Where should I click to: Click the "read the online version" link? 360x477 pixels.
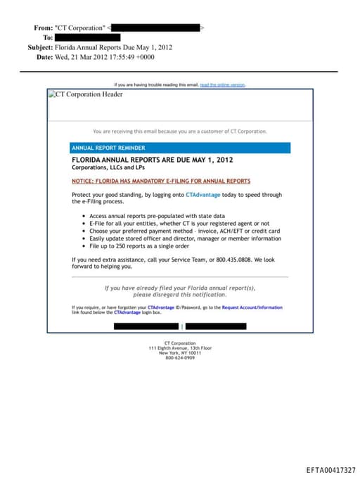tap(222, 84)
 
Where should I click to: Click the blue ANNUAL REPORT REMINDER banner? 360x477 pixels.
tap(180, 148)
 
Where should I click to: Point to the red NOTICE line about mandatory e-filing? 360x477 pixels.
tap(161, 181)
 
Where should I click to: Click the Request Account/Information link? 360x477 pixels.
tap(252, 307)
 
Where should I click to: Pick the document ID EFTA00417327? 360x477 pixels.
tap(330, 470)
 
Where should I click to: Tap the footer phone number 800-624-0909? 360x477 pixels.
tap(180, 358)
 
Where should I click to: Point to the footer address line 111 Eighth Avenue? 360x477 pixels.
tap(180, 348)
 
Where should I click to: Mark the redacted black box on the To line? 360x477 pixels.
tap(87, 37)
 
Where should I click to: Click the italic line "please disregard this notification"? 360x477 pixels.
tap(180, 294)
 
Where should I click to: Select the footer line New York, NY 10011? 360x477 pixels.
tap(180, 353)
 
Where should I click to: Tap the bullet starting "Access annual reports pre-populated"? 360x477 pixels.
tap(157, 216)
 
